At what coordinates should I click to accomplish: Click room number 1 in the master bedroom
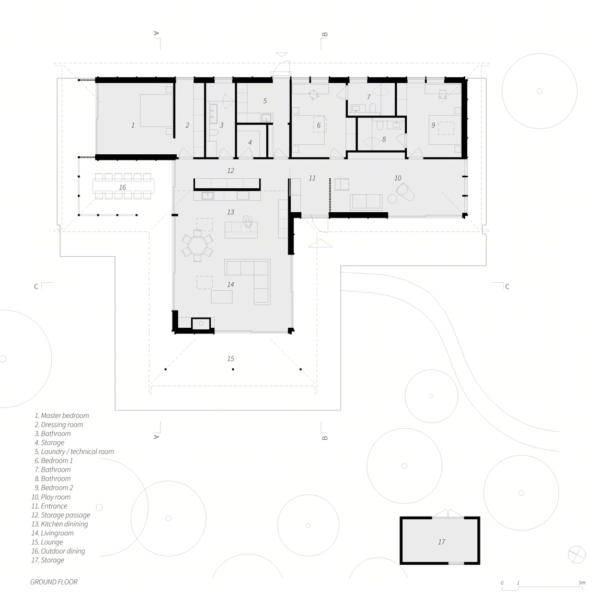[x=133, y=125]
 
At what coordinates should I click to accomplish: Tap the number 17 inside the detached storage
[x=441, y=542]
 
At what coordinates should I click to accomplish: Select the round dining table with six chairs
[x=197, y=243]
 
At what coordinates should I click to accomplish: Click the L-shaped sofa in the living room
[x=247, y=282]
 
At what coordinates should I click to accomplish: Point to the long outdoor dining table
[x=124, y=186]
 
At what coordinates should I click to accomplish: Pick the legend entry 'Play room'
[x=51, y=497]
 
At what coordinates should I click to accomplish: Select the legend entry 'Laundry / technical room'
[x=74, y=452]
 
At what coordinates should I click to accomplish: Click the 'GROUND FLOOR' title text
[x=54, y=582]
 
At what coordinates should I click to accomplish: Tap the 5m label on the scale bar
[x=581, y=583]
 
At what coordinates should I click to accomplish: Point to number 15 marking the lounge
[x=231, y=359]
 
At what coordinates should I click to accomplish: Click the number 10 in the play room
[x=397, y=178]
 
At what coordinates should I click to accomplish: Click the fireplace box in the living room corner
[x=201, y=324]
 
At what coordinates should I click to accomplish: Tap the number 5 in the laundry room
[x=265, y=101]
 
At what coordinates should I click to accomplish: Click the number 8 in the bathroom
[x=384, y=140]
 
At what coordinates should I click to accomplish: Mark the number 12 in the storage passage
[x=231, y=170]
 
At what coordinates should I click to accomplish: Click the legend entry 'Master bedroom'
[x=62, y=416]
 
